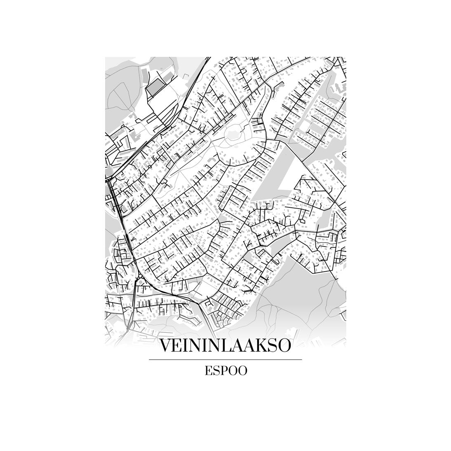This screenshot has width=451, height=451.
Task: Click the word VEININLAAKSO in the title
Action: (x=225, y=346)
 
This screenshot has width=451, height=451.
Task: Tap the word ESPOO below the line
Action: (x=225, y=371)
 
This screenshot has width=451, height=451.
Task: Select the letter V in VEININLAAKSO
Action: (x=165, y=346)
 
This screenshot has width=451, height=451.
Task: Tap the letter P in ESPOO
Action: (x=225, y=371)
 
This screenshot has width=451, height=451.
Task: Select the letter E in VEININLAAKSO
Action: (x=178, y=346)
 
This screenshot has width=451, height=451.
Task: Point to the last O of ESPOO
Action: (x=242, y=371)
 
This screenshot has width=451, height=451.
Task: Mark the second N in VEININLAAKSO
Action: (x=210, y=346)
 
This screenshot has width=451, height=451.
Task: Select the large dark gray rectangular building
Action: (x=156, y=87)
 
